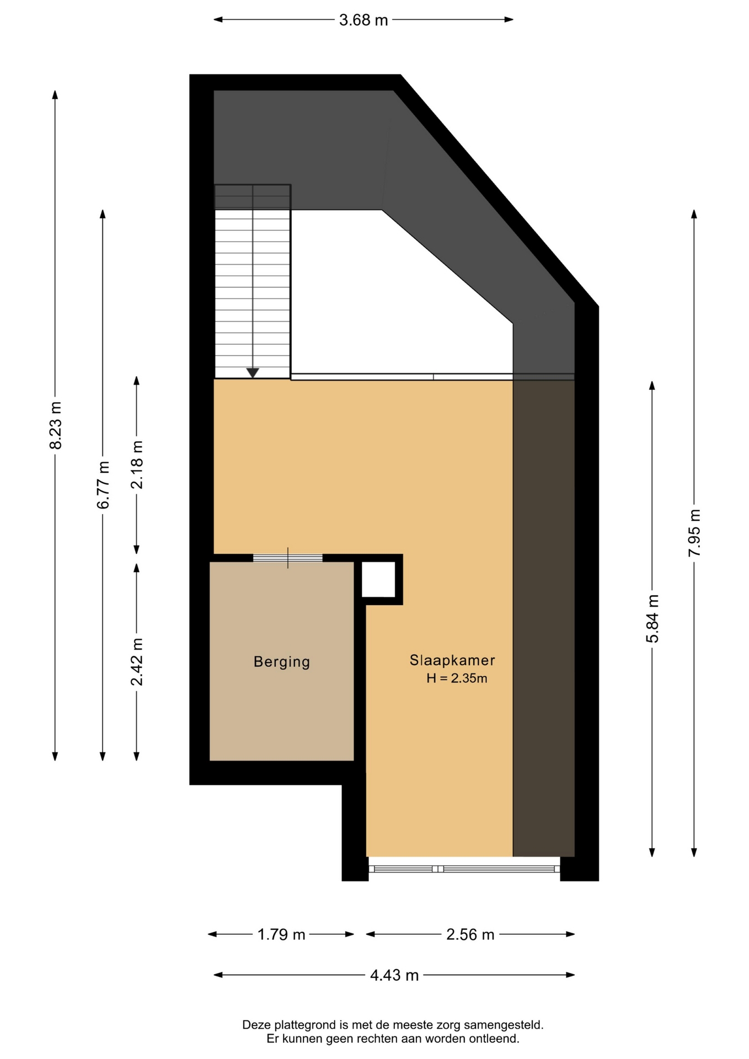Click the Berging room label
[281, 662]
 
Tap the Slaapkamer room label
[452, 660]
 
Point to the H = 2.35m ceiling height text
[457, 678]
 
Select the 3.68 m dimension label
[363, 20]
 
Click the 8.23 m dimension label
[55, 425]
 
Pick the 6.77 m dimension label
[103, 485]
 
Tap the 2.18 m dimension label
[137, 465]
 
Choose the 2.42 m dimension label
[137, 662]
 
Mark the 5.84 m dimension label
[652, 619]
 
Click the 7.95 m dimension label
[694, 533]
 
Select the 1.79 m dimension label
[281, 934]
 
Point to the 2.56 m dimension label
[470, 934]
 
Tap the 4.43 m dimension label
[394, 975]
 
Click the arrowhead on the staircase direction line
[253, 373]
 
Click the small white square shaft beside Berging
[378, 580]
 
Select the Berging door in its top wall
[288, 558]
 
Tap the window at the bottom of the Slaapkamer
[464, 869]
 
